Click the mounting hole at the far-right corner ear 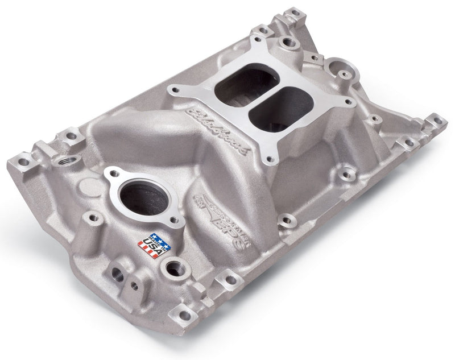(437, 121)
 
